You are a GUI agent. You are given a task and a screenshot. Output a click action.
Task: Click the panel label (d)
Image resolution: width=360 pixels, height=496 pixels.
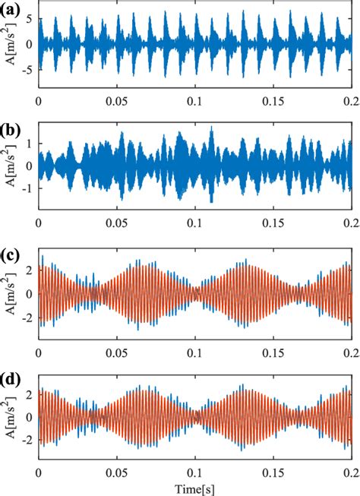point(12,378)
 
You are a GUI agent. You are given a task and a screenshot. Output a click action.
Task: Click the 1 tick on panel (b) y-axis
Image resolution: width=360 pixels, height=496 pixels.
point(29,143)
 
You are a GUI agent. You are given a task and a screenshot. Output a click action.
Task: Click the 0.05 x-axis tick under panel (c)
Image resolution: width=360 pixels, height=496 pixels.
point(116,352)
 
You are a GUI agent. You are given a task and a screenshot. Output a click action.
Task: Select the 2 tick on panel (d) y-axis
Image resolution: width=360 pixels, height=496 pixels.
point(29,393)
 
